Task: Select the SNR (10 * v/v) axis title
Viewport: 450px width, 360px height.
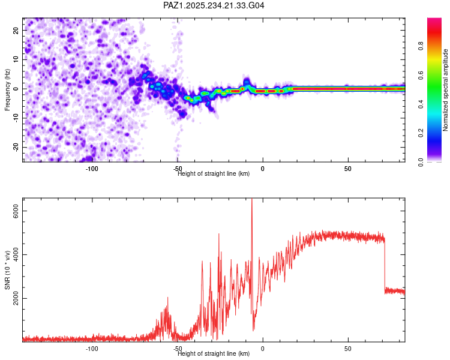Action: (x=7, y=271)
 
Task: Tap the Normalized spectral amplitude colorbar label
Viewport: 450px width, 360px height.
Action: (x=445, y=90)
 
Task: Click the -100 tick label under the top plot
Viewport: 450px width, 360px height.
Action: (x=91, y=169)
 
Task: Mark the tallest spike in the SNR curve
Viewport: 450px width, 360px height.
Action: (x=252, y=200)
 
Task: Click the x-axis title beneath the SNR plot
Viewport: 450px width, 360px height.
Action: (x=214, y=354)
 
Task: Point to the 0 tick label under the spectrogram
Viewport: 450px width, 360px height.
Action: (x=262, y=169)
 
